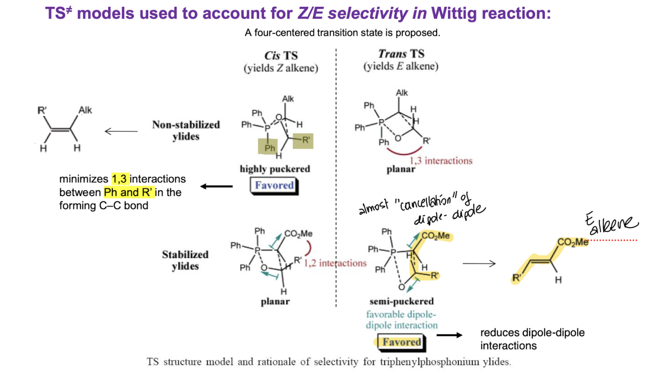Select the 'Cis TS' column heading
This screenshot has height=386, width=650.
pos(281,55)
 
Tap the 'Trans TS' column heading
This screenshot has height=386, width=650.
pos(401,54)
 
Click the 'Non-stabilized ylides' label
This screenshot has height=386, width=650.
pos(186,130)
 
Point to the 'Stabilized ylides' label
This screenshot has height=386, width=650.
pos(185,260)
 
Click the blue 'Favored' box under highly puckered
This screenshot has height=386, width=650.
pos(274,185)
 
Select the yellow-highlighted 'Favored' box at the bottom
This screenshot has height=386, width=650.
pos(401,342)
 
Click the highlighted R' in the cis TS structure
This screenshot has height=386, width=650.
pos(303,141)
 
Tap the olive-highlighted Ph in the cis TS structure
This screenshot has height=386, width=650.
pos(268,148)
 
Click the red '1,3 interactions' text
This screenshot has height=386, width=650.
pos(441,161)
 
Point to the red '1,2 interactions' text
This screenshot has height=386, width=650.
pos(335,263)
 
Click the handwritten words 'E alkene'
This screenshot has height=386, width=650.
pos(611,223)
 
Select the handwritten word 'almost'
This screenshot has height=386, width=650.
pos(373,207)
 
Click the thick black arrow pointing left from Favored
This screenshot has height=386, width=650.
pos(216,186)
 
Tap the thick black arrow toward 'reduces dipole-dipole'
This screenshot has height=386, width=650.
pos(449,335)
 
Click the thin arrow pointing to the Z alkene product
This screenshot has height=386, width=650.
pos(121,131)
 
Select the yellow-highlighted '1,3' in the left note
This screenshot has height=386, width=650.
pos(119,179)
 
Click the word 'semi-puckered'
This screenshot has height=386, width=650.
pos(401,301)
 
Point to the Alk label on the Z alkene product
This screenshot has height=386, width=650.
pos(85,110)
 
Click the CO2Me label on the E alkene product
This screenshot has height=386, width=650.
pos(573,242)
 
